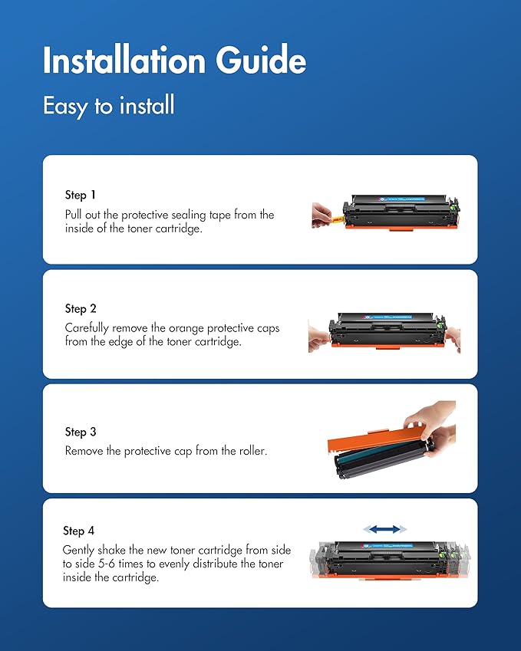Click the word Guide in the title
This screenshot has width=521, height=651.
(265, 61)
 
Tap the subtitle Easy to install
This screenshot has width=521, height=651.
(108, 105)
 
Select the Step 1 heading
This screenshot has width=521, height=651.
(81, 196)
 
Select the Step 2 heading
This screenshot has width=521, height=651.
(81, 308)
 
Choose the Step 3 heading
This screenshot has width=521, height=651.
(81, 432)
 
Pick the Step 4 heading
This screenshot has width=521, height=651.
(78, 531)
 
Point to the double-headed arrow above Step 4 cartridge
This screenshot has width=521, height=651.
(384, 529)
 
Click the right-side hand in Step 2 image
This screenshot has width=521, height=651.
(452, 338)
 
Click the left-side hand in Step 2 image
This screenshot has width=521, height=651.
(318, 338)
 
